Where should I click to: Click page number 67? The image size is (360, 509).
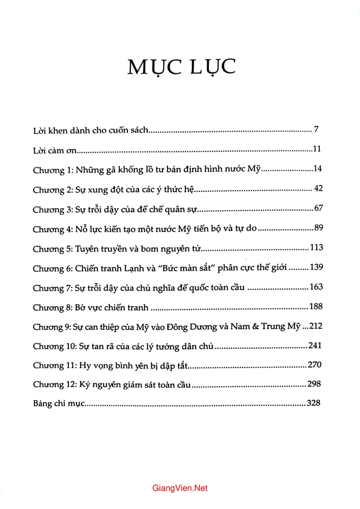pyautogui.click(x=319, y=209)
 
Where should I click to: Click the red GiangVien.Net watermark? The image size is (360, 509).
pyautogui.click(x=180, y=488)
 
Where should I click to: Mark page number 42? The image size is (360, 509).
pyautogui.click(x=319, y=189)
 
